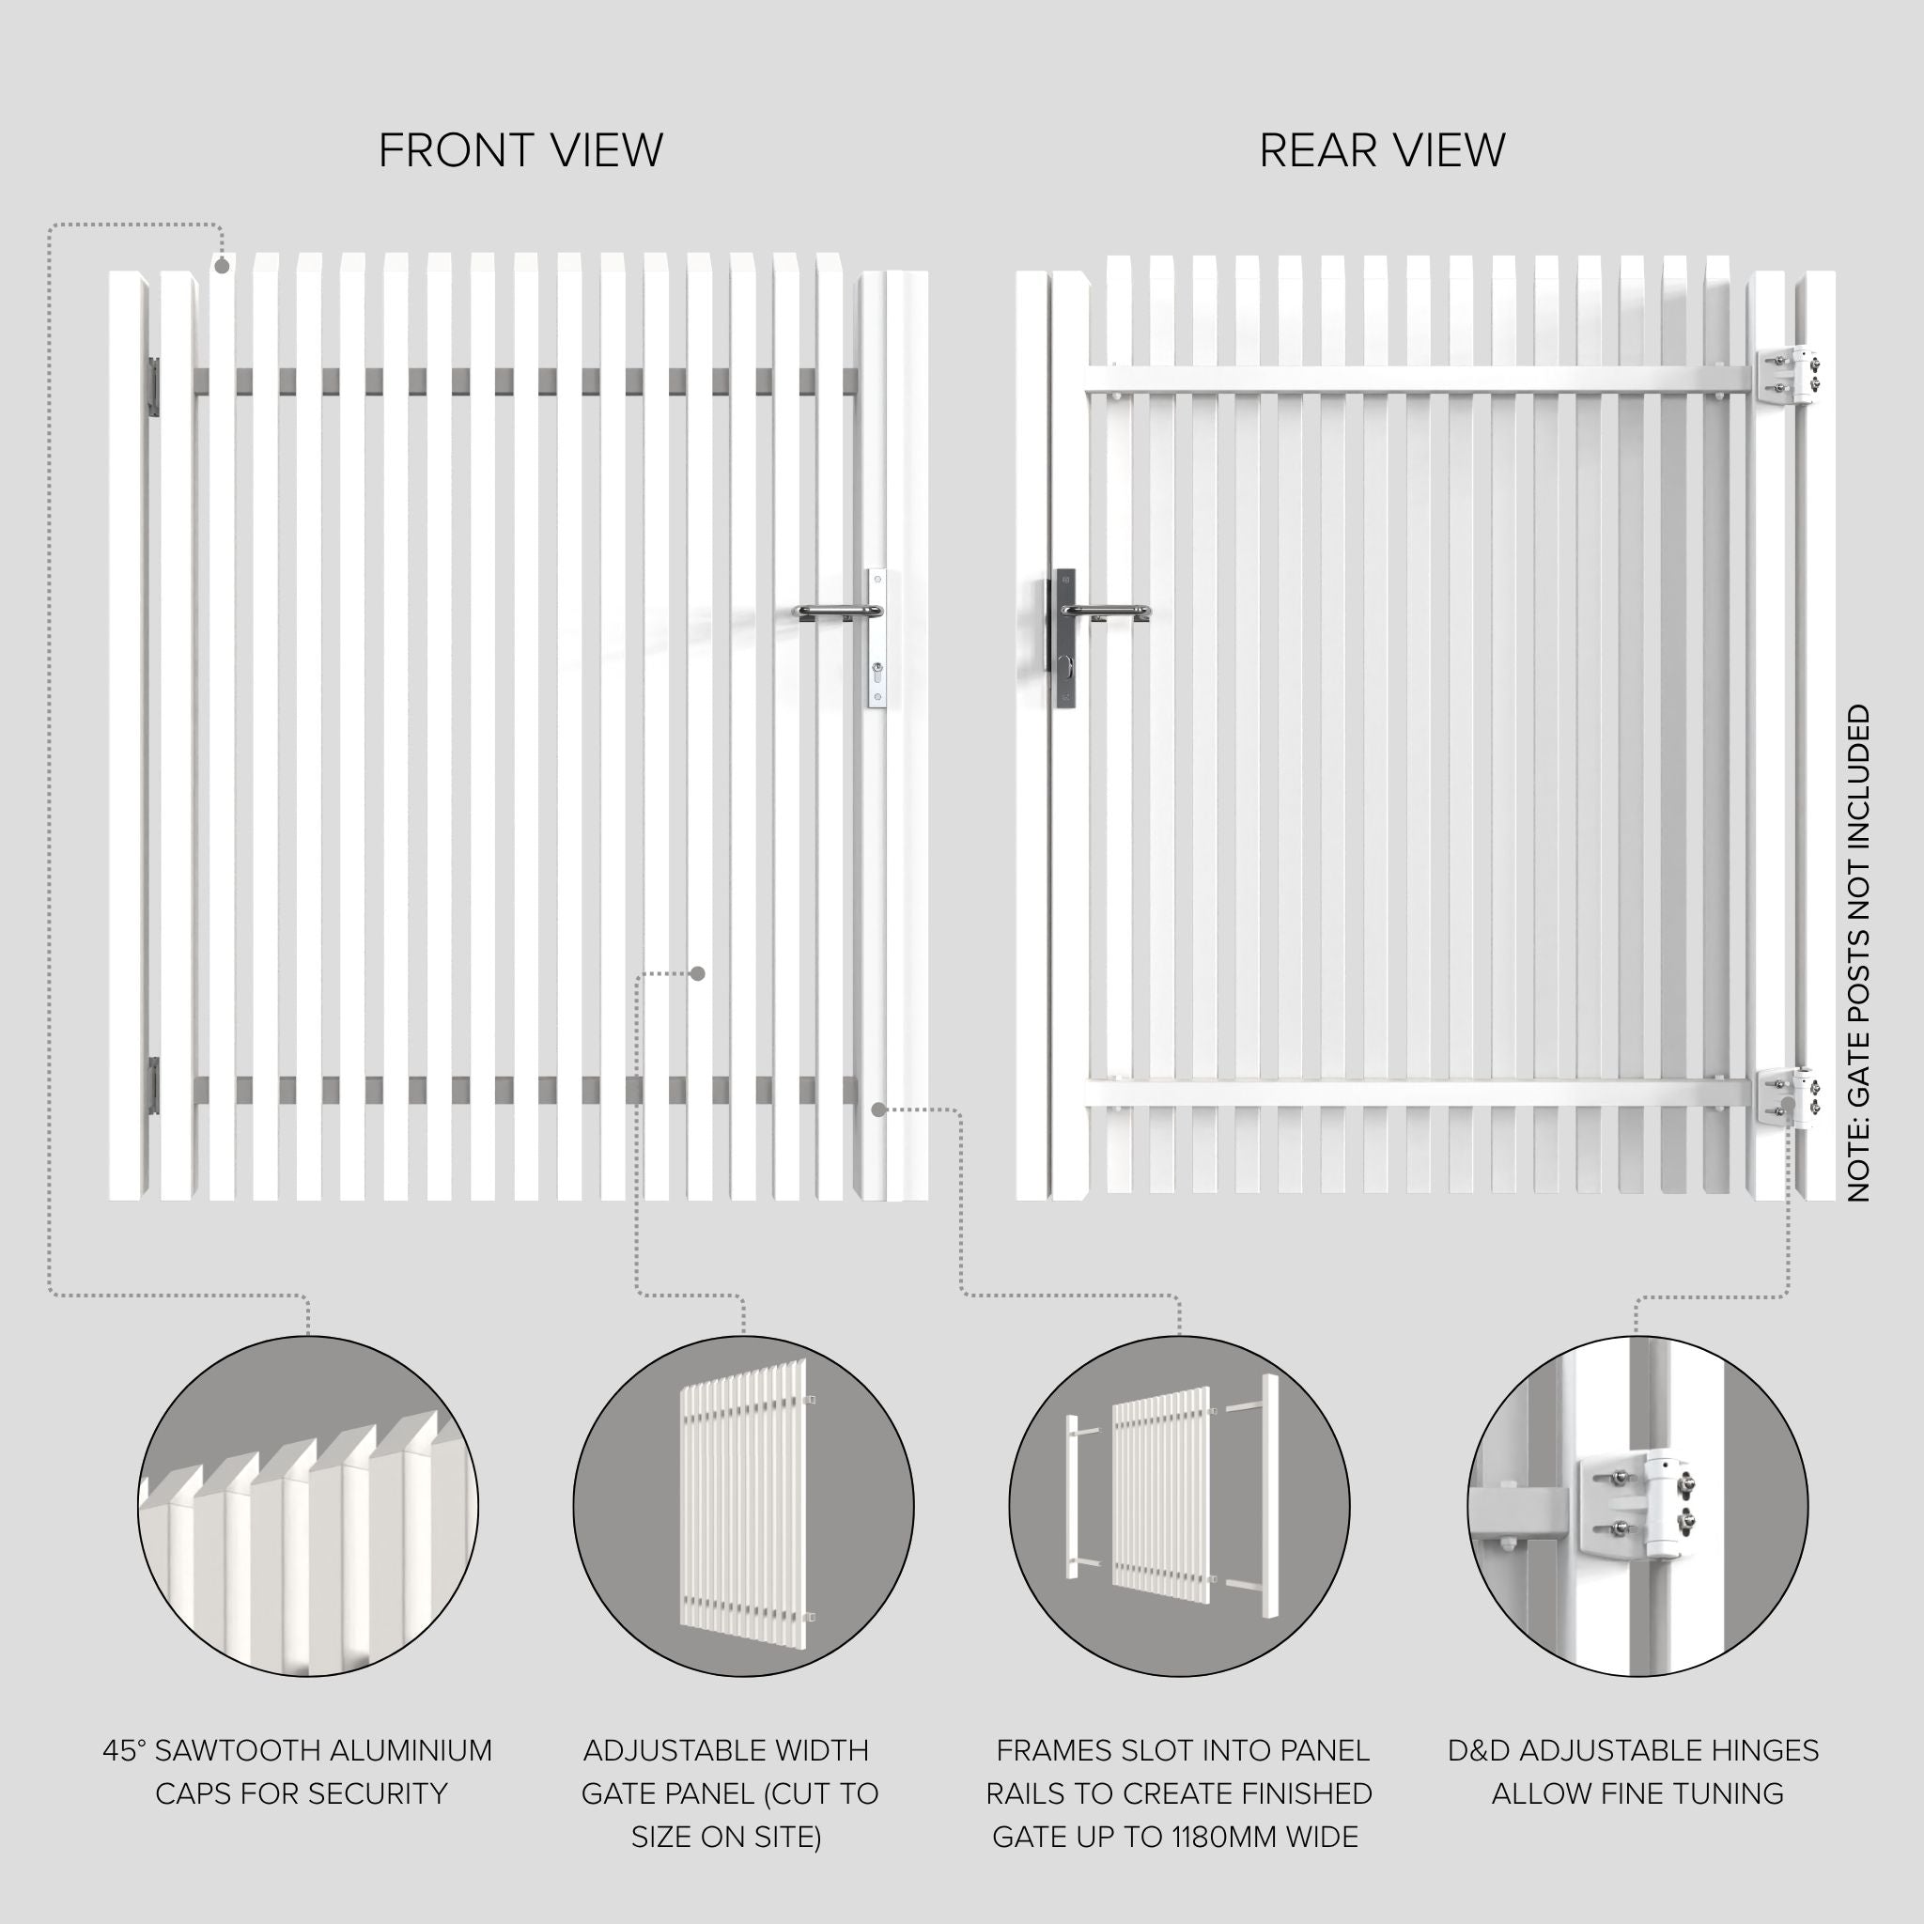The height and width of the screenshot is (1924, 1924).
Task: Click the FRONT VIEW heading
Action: [520, 151]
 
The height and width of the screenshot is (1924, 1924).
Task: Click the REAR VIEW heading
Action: [1382, 151]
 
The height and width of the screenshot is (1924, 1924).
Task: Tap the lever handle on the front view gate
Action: [837, 612]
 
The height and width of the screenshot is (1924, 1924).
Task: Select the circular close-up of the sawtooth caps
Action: [308, 1505]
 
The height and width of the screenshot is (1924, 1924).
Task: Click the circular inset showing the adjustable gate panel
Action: [744, 1505]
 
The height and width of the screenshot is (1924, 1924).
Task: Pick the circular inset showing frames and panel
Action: [1179, 1505]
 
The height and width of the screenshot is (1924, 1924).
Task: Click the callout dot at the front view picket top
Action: [222, 266]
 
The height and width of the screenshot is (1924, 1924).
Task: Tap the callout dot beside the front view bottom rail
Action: [878, 1109]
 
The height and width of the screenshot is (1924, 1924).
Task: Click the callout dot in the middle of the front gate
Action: [698, 973]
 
